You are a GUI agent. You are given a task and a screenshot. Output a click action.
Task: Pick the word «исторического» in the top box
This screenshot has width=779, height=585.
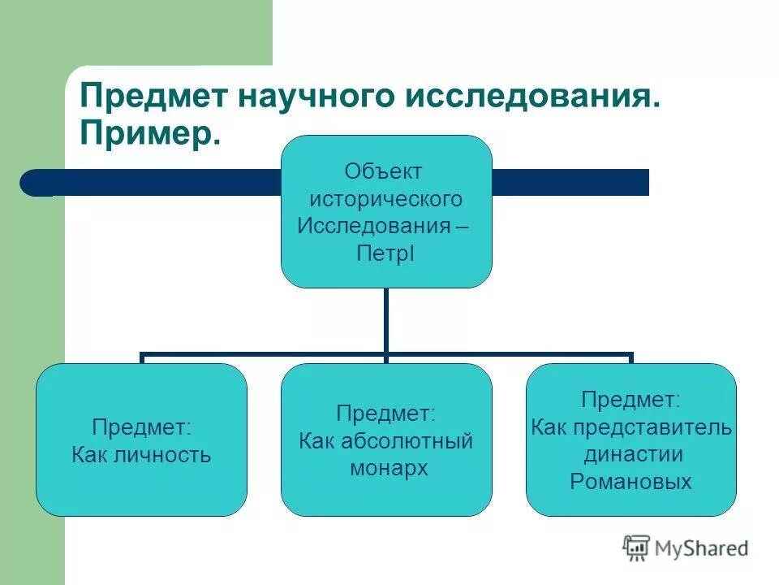coord(386,198)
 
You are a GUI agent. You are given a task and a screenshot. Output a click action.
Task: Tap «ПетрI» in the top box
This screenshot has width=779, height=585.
coord(385,253)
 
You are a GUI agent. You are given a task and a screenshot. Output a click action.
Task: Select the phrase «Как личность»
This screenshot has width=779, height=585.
coord(141,454)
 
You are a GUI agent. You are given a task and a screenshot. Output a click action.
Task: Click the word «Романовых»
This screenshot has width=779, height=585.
coord(631,482)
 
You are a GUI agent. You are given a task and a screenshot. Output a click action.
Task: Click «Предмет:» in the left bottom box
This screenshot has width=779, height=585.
coord(141,427)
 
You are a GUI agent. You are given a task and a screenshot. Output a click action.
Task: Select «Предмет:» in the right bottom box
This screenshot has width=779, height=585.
coord(631,400)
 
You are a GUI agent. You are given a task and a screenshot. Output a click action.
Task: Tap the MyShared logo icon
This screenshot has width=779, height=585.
coord(637,548)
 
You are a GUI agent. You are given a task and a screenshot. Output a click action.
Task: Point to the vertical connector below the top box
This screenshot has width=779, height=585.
coord(386,320)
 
